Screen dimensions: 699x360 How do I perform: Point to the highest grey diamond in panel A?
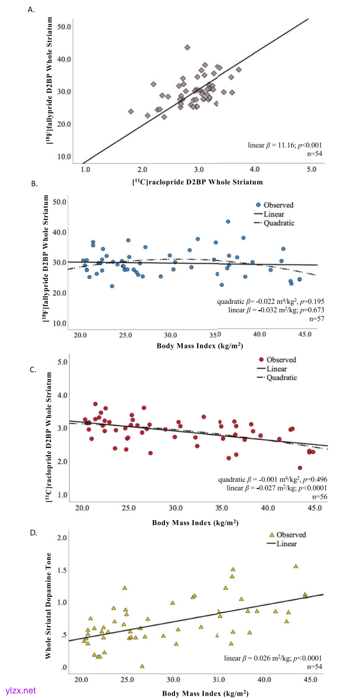tap(188, 48)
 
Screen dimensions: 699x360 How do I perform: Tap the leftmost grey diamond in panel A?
tap(131, 112)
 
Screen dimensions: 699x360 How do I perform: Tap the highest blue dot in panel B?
tap(228, 222)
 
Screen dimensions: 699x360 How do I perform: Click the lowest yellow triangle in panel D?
tap(142, 666)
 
